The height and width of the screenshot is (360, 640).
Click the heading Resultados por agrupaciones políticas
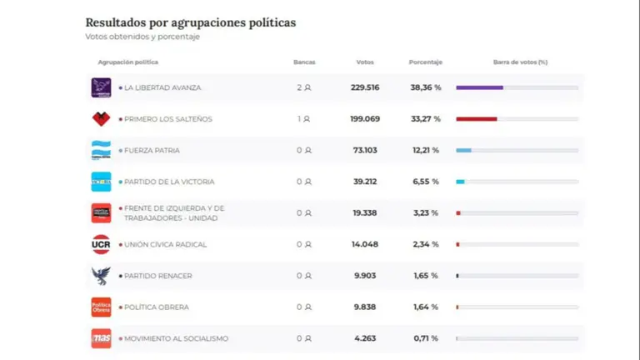tap(190, 22)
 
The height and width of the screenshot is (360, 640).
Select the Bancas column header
tap(304, 62)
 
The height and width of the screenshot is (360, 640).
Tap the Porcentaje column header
tap(425, 62)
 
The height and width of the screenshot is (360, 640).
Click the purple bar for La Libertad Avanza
tap(479, 87)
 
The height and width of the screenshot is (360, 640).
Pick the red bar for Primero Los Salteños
tap(477, 119)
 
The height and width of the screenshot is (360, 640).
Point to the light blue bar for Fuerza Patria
tap(463, 150)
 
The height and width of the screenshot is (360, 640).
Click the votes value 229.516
tap(365, 87)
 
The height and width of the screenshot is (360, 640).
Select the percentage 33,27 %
tap(425, 119)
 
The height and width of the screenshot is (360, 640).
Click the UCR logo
tap(101, 244)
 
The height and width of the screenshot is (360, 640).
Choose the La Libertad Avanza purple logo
tap(101, 87)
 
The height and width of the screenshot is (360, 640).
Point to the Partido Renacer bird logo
tap(101, 276)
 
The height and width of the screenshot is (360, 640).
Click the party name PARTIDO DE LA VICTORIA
tap(168, 182)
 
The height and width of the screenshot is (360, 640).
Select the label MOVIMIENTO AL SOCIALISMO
tap(176, 338)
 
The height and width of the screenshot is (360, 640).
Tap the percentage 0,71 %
tap(425, 338)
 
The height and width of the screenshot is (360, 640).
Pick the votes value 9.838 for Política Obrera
tap(365, 307)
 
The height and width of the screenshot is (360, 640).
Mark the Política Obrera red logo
tap(101, 307)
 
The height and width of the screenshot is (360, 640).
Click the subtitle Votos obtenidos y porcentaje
tap(142, 37)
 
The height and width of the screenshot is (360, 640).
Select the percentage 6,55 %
tap(425, 182)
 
